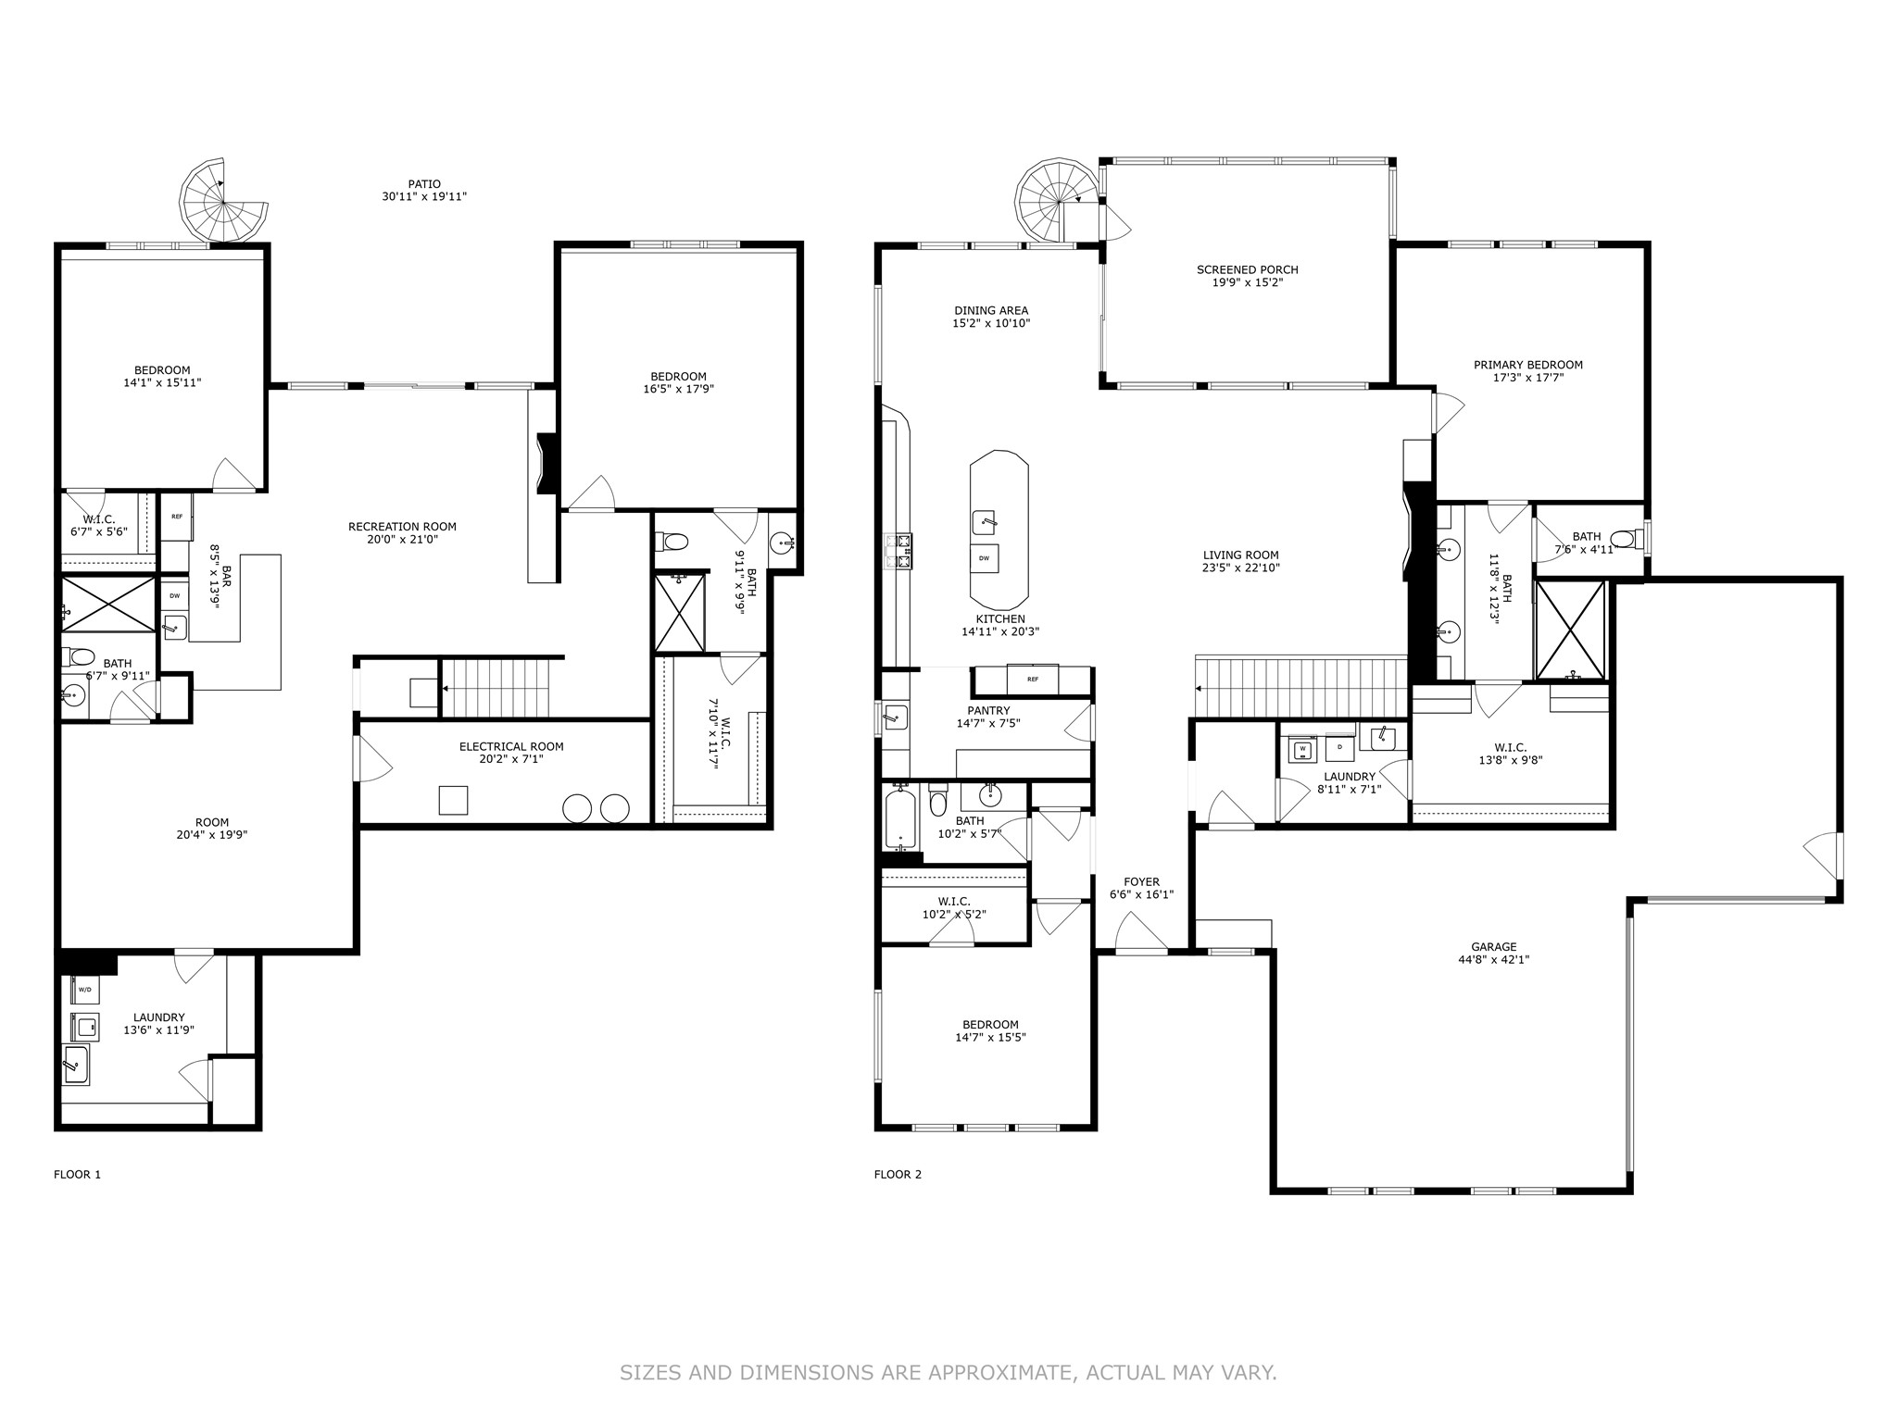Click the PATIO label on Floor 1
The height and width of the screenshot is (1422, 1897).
tap(424, 184)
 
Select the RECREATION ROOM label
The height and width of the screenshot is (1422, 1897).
tap(402, 527)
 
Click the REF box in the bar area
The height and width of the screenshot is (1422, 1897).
tap(177, 517)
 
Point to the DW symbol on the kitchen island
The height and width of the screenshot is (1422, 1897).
tap(984, 558)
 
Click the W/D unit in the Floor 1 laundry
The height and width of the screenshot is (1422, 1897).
tap(85, 990)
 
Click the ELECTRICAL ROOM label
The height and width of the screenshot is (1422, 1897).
tap(511, 746)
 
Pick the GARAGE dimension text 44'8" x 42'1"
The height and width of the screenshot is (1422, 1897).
tap(1493, 960)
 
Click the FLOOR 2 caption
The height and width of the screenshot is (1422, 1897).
tap(898, 1175)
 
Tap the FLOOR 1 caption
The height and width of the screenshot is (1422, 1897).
tap(78, 1175)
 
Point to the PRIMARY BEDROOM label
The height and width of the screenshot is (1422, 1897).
tap(1528, 365)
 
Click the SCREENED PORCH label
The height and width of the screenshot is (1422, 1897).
tap(1247, 269)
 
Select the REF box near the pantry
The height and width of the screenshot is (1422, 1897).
tap(1033, 679)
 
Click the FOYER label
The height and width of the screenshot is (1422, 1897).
tap(1141, 882)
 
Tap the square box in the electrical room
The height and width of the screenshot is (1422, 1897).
tap(453, 800)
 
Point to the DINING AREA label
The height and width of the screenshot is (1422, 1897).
tap(991, 311)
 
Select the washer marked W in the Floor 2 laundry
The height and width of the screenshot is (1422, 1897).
tap(1302, 748)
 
